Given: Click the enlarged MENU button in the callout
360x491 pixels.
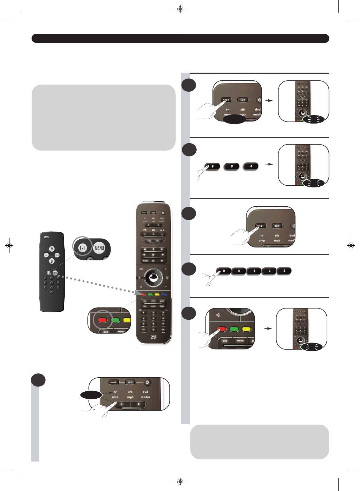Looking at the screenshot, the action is coord(99,248).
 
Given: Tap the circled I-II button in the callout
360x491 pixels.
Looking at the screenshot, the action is coord(83,248).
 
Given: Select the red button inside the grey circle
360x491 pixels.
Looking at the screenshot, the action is coord(102,320).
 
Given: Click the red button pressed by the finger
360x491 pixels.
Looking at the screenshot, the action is coord(221,329).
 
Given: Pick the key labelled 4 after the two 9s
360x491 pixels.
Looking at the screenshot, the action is coord(251,166).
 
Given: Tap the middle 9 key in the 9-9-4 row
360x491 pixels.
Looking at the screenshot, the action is coord(232,166).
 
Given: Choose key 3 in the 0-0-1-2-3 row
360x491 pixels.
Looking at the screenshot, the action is coord(284,271).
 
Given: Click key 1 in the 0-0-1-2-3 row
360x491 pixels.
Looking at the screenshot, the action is coord(254,271).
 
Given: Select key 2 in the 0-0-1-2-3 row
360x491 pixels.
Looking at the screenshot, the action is coord(269,271).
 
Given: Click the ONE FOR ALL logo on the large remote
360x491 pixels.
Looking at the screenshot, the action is coord(153,337).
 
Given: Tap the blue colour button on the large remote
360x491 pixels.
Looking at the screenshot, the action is coord(164,294).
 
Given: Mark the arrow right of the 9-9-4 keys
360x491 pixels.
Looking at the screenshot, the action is coord(269,164).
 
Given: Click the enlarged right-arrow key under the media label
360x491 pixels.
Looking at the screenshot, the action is coord(139,404).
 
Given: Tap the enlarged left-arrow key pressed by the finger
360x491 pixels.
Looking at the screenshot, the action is coord(122,404).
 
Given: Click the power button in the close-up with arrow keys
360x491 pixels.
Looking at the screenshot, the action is coord(147,382).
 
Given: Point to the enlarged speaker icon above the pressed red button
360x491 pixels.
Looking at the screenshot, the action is coord(218,315).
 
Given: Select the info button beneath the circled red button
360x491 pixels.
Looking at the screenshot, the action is coord(106,331).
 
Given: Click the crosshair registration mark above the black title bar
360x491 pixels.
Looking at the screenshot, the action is coord(180,9).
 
